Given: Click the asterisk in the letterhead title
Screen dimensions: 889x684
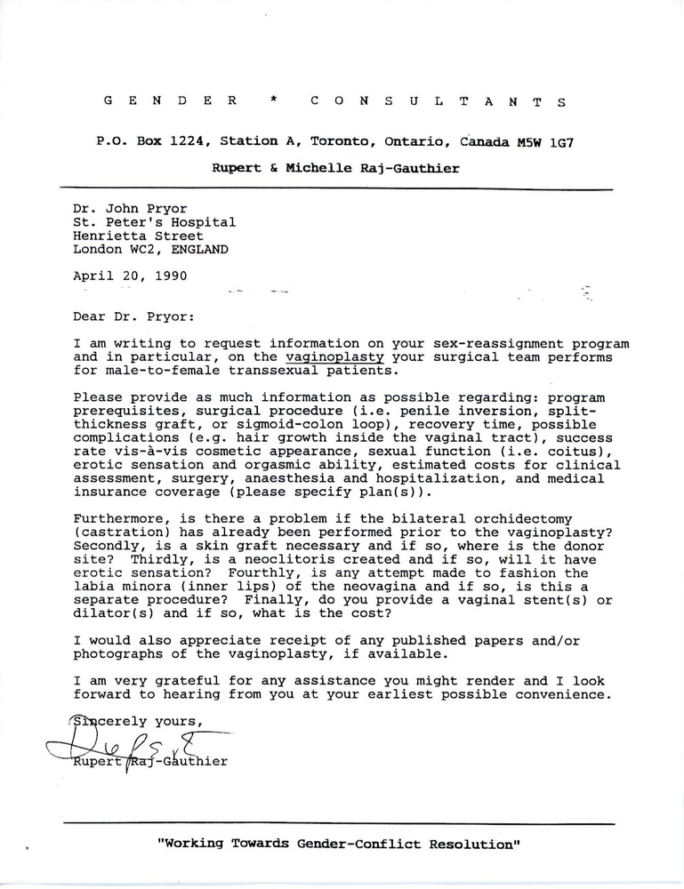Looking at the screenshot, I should pos(275,101).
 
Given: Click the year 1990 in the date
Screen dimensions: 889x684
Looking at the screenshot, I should pos(168,276).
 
